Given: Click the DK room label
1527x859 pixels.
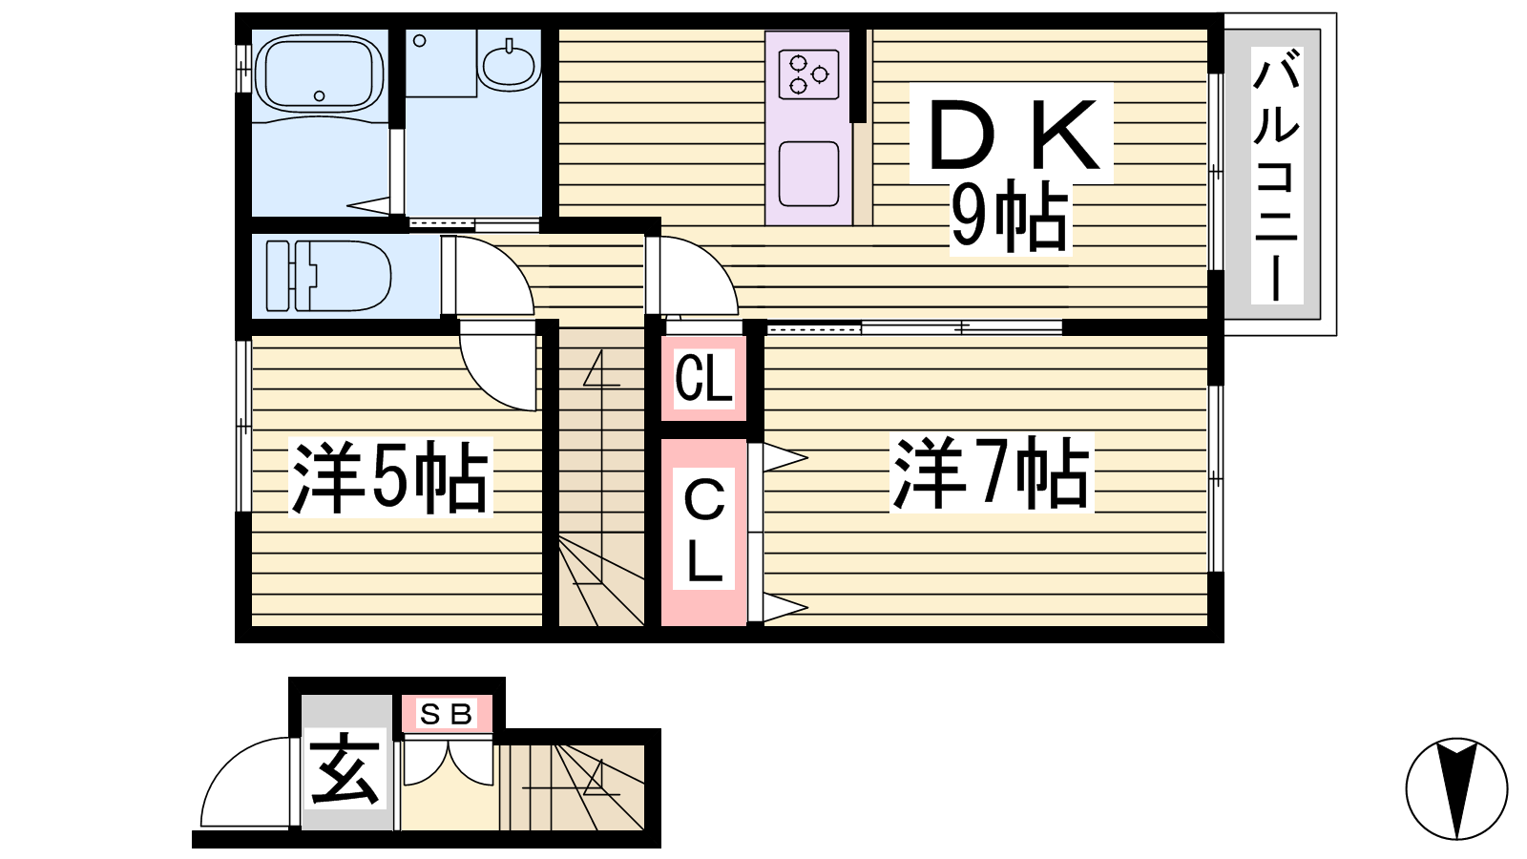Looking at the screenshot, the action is (1013, 135).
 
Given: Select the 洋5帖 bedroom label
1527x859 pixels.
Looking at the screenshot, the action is (390, 477).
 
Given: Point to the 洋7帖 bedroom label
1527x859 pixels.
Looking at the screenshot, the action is (992, 472).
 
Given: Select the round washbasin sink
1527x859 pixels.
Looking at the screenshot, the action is (509, 65).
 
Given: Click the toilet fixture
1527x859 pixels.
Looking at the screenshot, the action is (328, 276).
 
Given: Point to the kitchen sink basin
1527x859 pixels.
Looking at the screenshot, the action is (809, 174).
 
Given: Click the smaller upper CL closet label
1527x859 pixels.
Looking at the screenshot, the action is (703, 379).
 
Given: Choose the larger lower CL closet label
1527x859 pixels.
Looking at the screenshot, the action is (703, 529).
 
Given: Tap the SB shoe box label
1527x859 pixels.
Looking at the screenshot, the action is (447, 715).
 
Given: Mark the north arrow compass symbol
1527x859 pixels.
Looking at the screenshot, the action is (1456, 788).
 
